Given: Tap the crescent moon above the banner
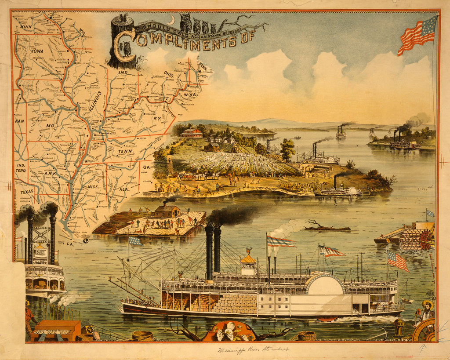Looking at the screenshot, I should point(171,20).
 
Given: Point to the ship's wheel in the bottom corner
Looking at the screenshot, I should point(425,331).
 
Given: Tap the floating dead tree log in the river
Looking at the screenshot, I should point(327,228).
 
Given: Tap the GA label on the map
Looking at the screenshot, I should point(146,167).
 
